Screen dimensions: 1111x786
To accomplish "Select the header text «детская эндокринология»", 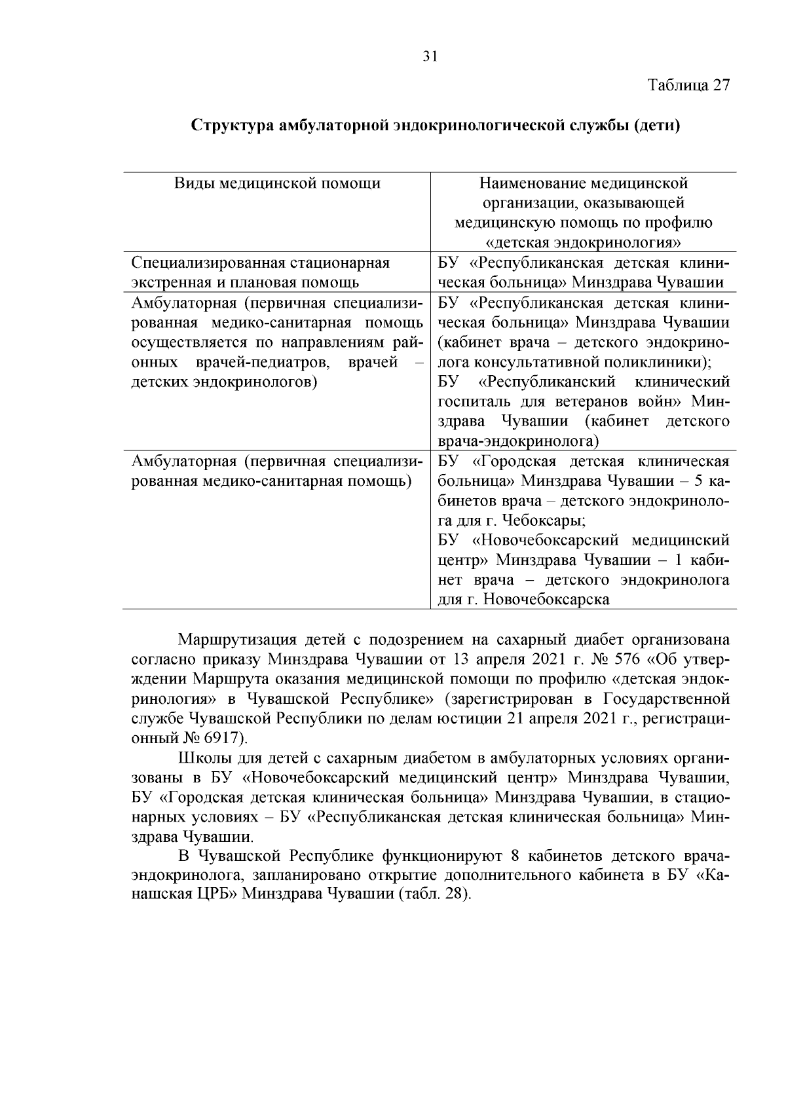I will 584,242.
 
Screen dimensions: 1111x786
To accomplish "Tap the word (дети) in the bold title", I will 657,126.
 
